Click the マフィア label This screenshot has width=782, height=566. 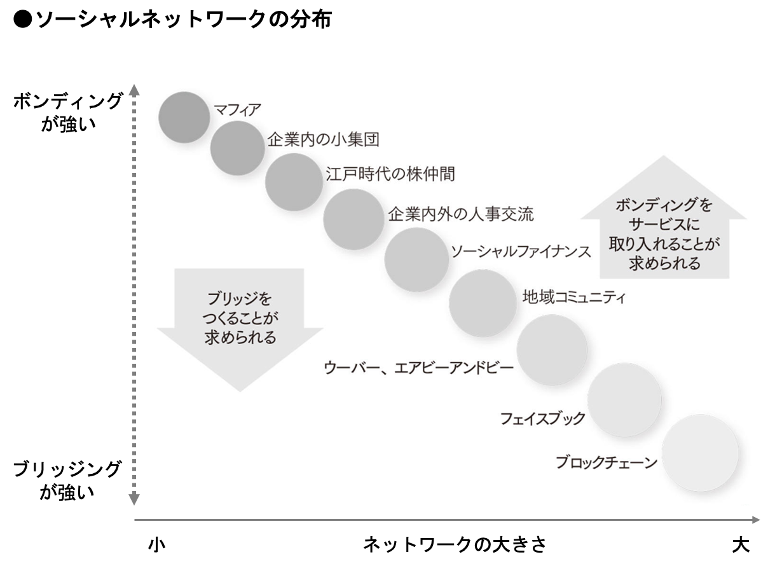[x=237, y=110]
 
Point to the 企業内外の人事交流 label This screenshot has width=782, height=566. [x=460, y=214]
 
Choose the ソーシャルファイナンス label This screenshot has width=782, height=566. [x=521, y=251]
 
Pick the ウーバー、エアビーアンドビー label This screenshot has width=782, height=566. [x=418, y=368]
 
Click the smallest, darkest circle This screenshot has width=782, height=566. [x=184, y=117]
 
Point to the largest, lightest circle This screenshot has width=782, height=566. [x=704, y=453]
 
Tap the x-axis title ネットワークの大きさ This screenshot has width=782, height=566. [x=454, y=546]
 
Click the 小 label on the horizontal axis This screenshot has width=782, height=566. [x=156, y=546]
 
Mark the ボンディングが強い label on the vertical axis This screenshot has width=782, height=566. [x=67, y=111]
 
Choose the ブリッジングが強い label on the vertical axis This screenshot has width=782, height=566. [x=67, y=480]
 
